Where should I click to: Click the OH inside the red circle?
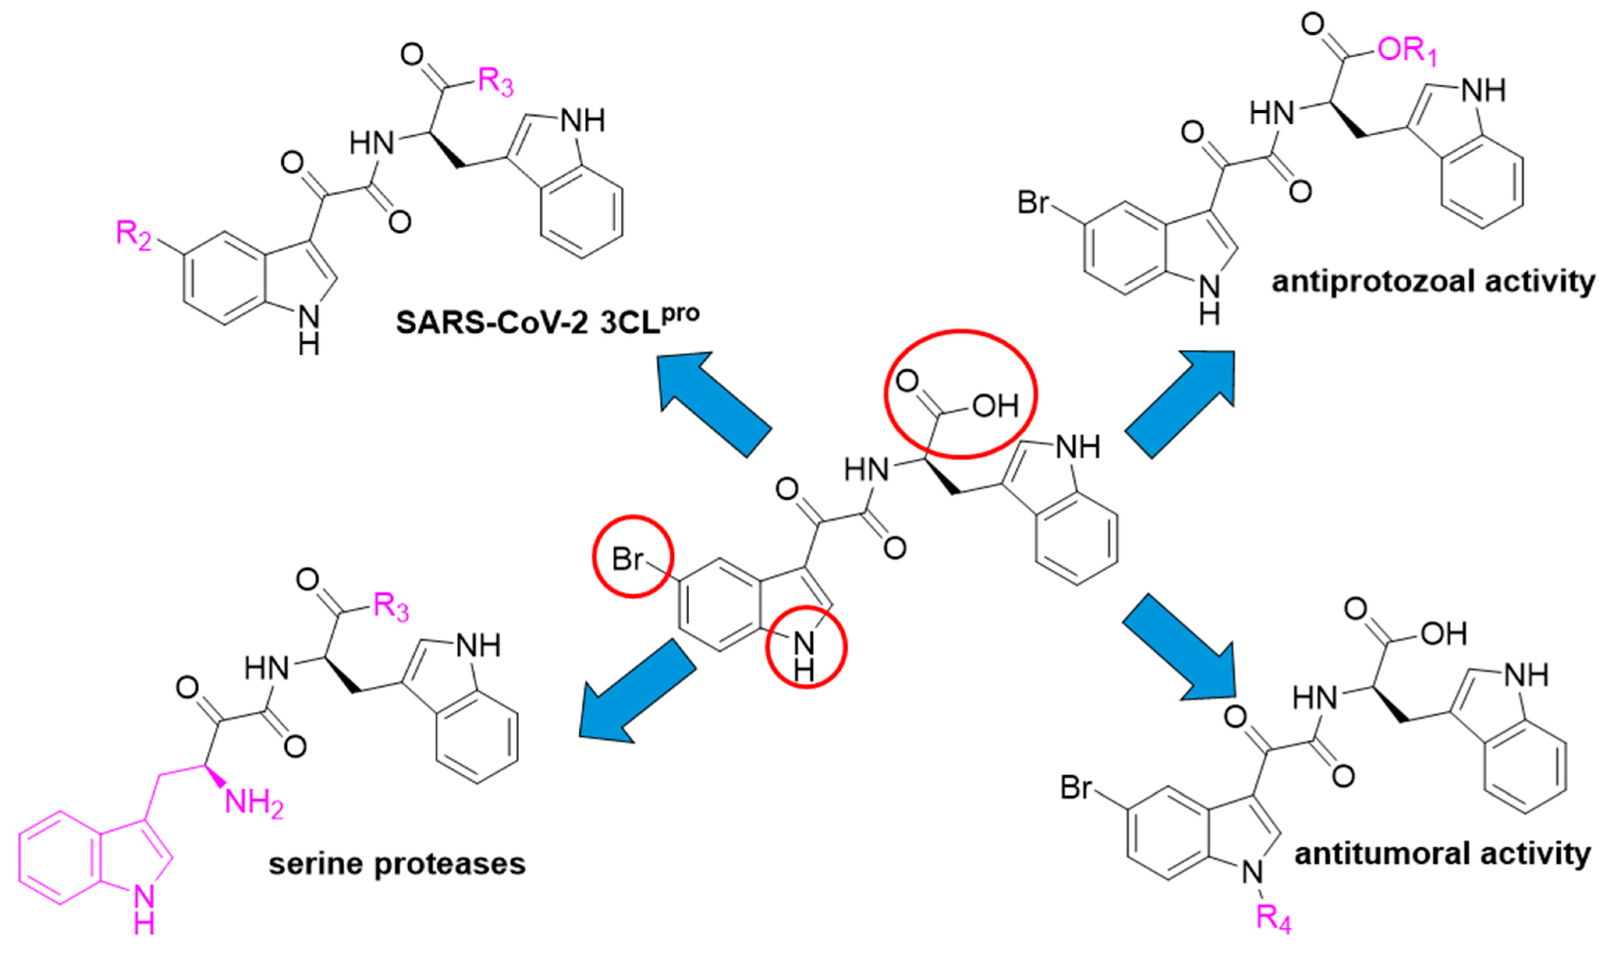(995, 406)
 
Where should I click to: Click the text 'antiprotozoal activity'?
(1433, 282)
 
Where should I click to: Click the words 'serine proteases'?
(397, 864)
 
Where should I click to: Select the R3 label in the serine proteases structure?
(391, 607)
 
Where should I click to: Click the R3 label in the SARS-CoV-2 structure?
(496, 82)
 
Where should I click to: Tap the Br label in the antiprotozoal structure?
(1033, 203)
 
